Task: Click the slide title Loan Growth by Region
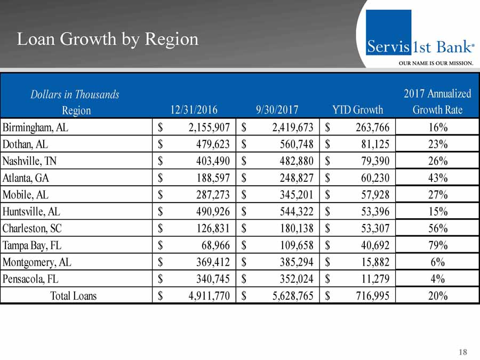pos(108,39)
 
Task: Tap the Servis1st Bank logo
pos(420,38)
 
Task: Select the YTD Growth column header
pos(357,110)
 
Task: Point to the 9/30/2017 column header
pos(277,110)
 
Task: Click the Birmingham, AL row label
pos(36,127)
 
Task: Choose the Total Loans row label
pos(74,295)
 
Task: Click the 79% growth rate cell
pos(437,245)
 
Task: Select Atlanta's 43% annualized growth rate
pos(437,178)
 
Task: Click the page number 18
pos(462,352)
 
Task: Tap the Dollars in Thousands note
pos(75,94)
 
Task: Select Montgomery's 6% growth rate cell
pos(437,262)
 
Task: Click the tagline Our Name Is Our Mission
pos(436,63)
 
